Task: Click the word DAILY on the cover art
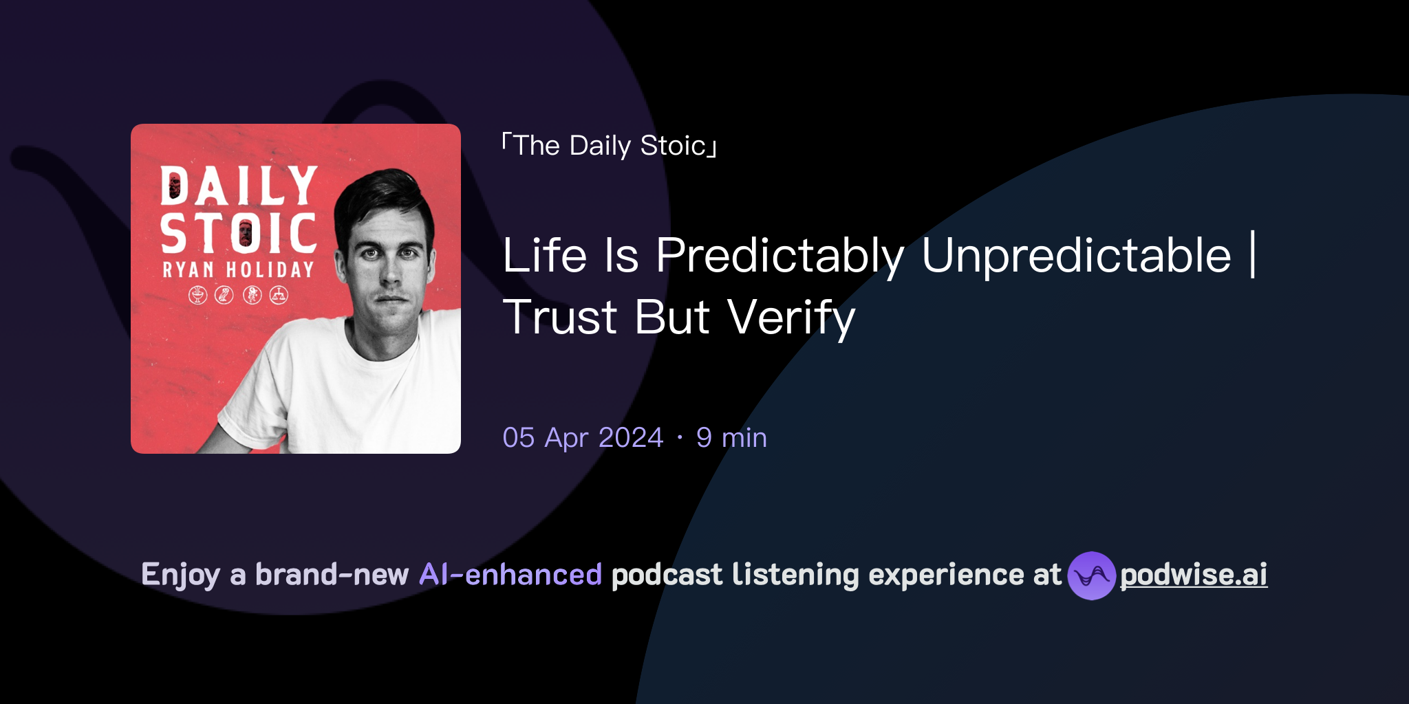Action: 239,186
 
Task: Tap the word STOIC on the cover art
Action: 239,233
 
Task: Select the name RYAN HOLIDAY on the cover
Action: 239,269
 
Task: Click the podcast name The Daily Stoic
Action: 610,146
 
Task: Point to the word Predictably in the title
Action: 779,256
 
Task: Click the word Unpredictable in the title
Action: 1076,256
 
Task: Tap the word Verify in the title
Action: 791,318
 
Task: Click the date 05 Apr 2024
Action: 583,438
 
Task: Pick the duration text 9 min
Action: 731,438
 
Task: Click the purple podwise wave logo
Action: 1091,575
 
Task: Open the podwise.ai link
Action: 1194,575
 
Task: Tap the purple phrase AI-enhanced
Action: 510,575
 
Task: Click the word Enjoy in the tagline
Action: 180,575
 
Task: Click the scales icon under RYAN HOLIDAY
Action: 279,296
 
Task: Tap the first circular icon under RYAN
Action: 198,296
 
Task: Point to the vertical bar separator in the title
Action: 1253,255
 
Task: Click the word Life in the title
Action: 544,256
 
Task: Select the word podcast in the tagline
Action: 667,575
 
